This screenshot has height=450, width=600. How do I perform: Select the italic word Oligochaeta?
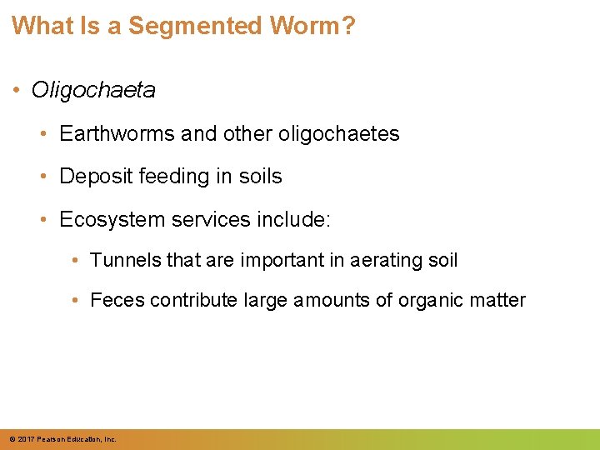tap(93, 90)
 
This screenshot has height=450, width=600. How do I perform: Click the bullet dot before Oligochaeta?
tap(18, 90)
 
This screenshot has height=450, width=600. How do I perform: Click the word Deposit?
tap(92, 177)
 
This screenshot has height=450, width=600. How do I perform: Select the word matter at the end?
tap(499, 300)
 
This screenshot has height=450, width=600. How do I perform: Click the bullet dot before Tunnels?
tap(77, 260)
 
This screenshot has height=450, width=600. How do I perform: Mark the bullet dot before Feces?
tap(77, 300)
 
